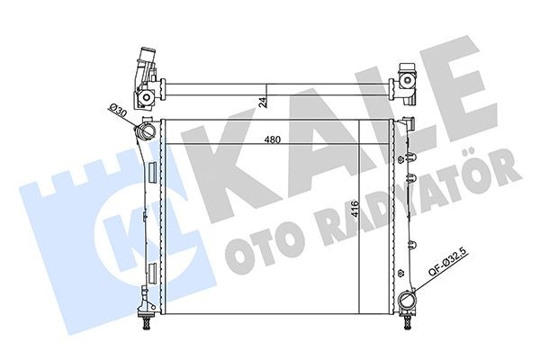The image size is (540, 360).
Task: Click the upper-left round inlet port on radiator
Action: coord(145,134)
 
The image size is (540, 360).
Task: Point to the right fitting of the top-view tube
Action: coord(408,79)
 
